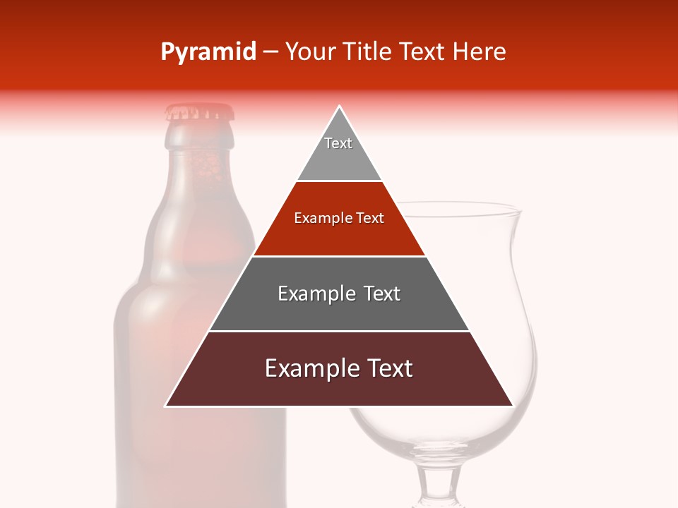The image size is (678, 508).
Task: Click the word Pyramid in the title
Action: click(208, 52)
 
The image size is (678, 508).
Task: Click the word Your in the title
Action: click(309, 52)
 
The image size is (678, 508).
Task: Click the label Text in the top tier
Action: click(338, 143)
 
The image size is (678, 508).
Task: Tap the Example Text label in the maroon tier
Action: click(339, 368)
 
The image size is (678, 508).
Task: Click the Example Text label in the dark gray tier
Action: click(339, 294)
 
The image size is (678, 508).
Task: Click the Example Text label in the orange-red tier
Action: click(339, 218)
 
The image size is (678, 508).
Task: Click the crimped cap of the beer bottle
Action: click(199, 111)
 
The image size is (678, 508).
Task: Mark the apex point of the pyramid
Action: click(340, 107)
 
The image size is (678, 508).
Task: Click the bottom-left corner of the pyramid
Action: click(165, 406)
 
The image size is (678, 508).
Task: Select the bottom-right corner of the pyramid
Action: click(513, 406)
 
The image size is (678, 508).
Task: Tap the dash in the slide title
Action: click(270, 52)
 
